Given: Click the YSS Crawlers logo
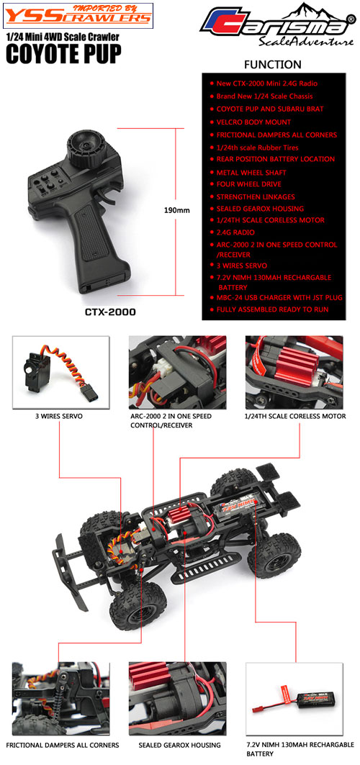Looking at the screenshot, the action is tap(78, 14).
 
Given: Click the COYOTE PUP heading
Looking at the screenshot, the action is tap(63, 54).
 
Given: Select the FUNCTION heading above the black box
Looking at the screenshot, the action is tap(273, 64).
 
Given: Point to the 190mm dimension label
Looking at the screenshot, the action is tap(176, 211).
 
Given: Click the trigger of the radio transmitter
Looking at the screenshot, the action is tap(110, 197).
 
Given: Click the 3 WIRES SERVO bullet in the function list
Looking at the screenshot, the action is tap(238, 266).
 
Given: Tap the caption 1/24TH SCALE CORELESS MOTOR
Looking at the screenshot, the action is tap(295, 416).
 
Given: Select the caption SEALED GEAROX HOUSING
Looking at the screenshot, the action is tap(179, 745).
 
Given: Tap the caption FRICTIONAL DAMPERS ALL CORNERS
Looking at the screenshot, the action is tap(63, 745).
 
